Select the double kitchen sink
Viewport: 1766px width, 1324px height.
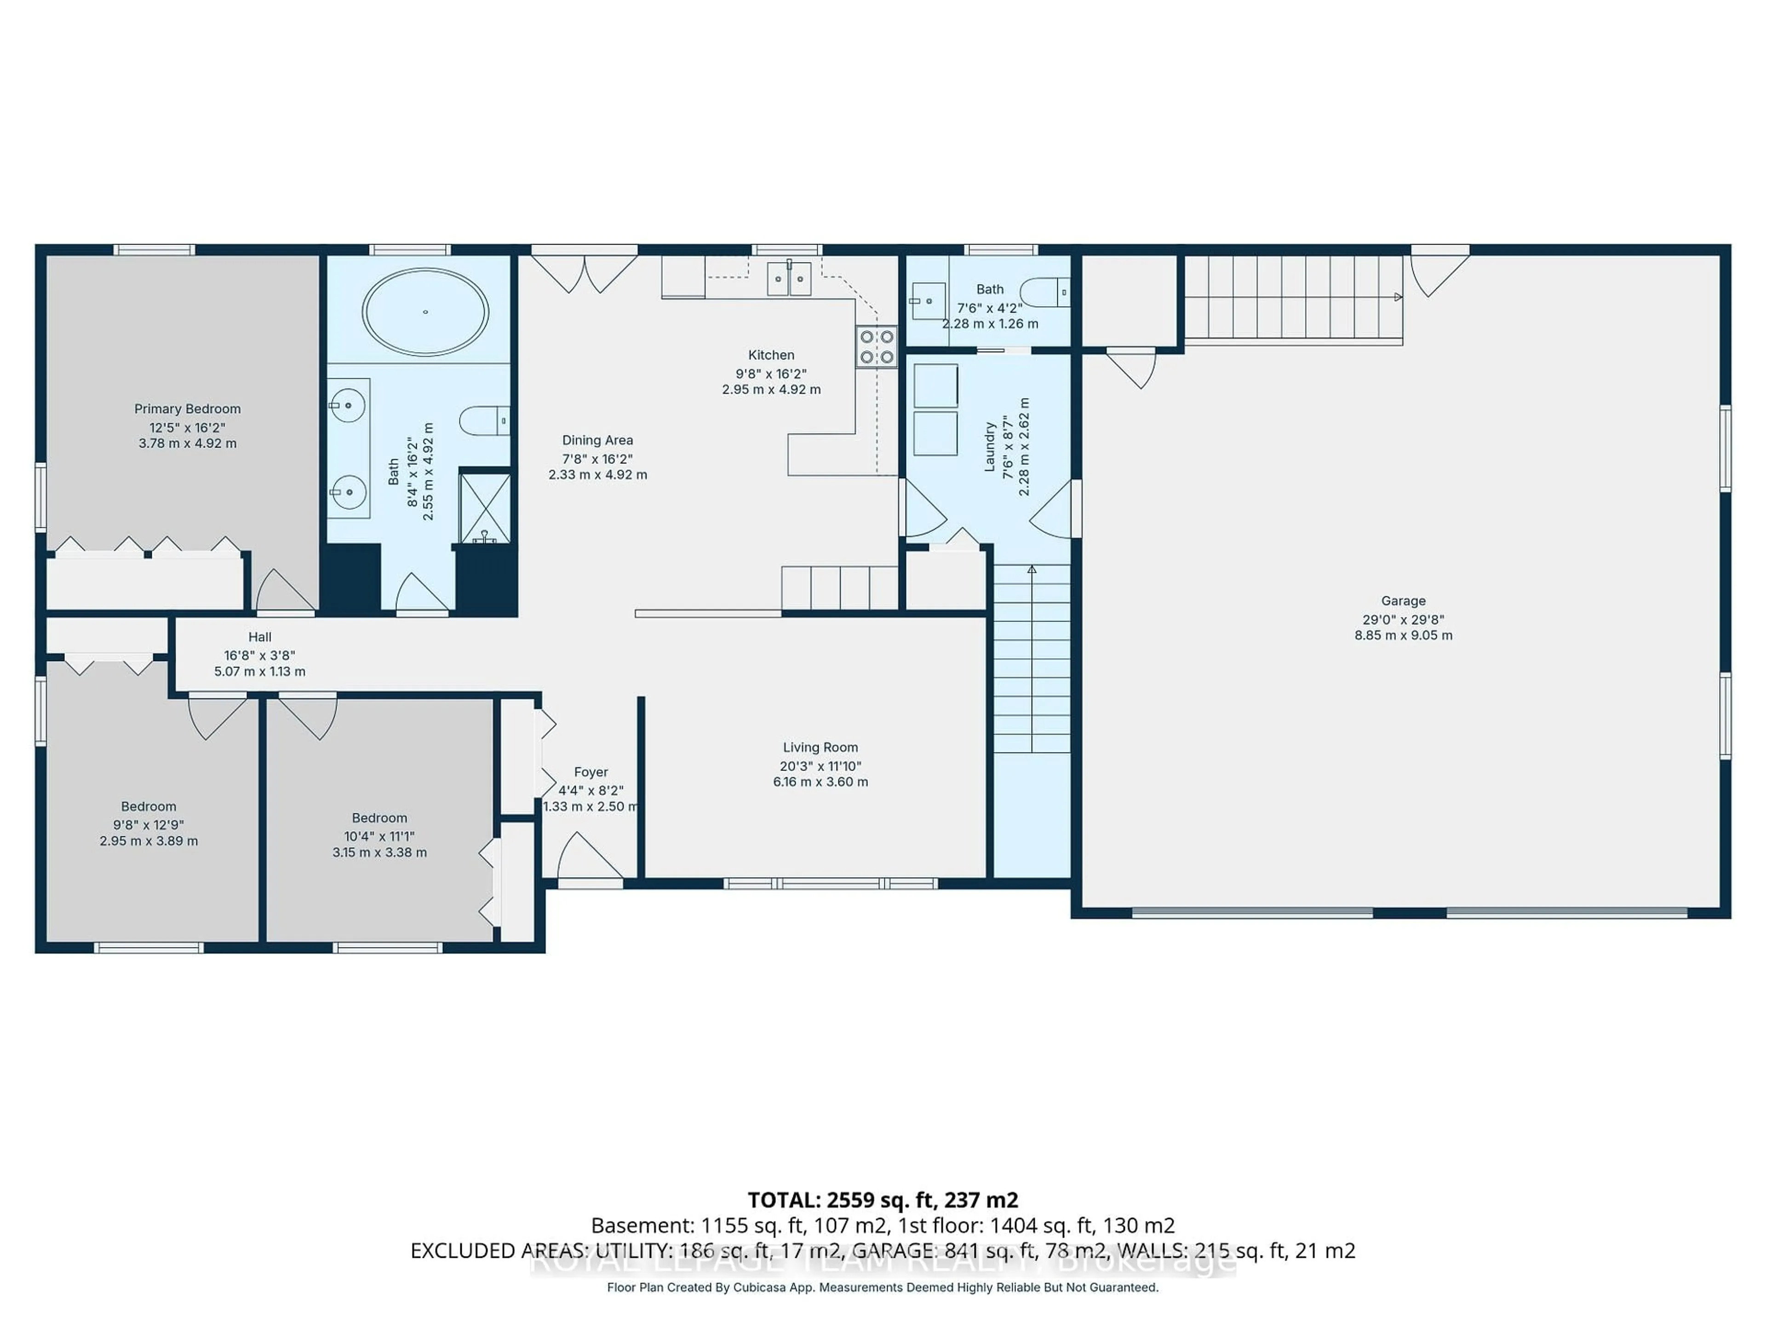(789, 279)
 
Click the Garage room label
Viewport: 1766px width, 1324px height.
(1403, 601)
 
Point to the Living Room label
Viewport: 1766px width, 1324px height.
(820, 747)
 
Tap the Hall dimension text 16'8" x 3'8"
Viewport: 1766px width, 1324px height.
(259, 655)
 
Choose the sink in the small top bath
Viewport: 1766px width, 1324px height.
(929, 301)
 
